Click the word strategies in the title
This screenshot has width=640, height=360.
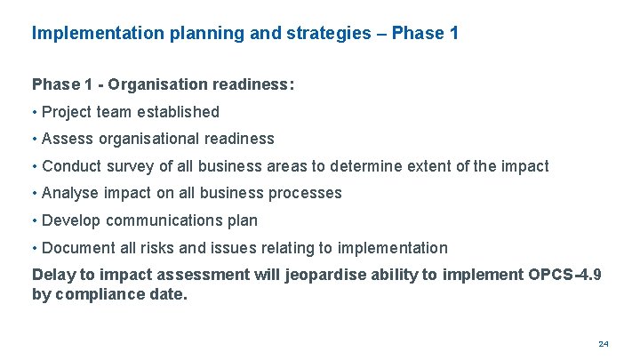[331, 34]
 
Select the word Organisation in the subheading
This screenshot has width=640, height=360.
[162, 84]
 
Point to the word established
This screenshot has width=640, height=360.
[178, 112]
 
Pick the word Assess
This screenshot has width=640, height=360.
[65, 139]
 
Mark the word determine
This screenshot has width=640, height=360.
[410, 166]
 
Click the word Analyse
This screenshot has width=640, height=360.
[68, 193]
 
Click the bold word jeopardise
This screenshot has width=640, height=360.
[326, 275]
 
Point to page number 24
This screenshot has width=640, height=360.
[604, 343]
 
